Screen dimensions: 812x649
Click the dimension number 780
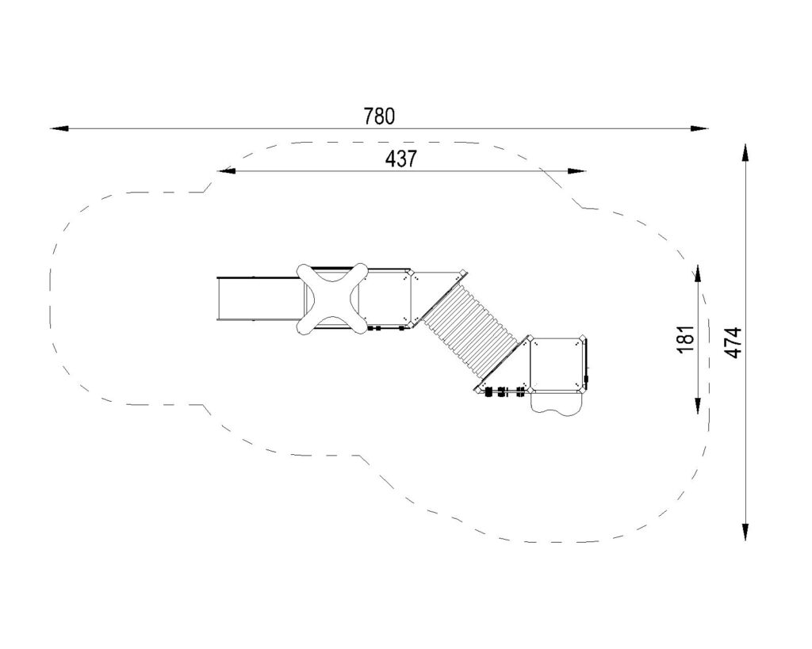pos(379,116)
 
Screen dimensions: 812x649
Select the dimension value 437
pos(400,159)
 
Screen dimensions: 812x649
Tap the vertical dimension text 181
pos(686,339)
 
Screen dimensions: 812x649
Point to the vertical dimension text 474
pos(733,342)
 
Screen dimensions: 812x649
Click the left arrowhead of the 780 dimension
pos(59,128)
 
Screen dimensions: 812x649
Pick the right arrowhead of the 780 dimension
pos(699,128)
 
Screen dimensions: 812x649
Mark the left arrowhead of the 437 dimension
pos(226,171)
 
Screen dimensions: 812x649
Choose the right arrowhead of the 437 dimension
pos(576,171)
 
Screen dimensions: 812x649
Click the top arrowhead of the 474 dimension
pos(745,153)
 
